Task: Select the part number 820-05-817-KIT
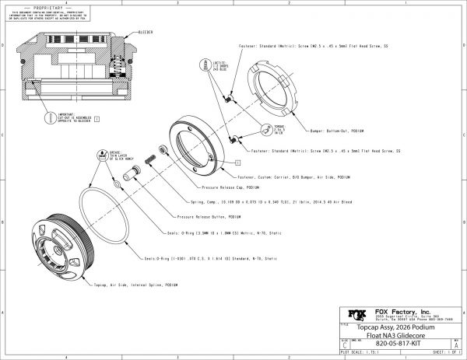click(406, 340)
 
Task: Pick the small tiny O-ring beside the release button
click(116, 186)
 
